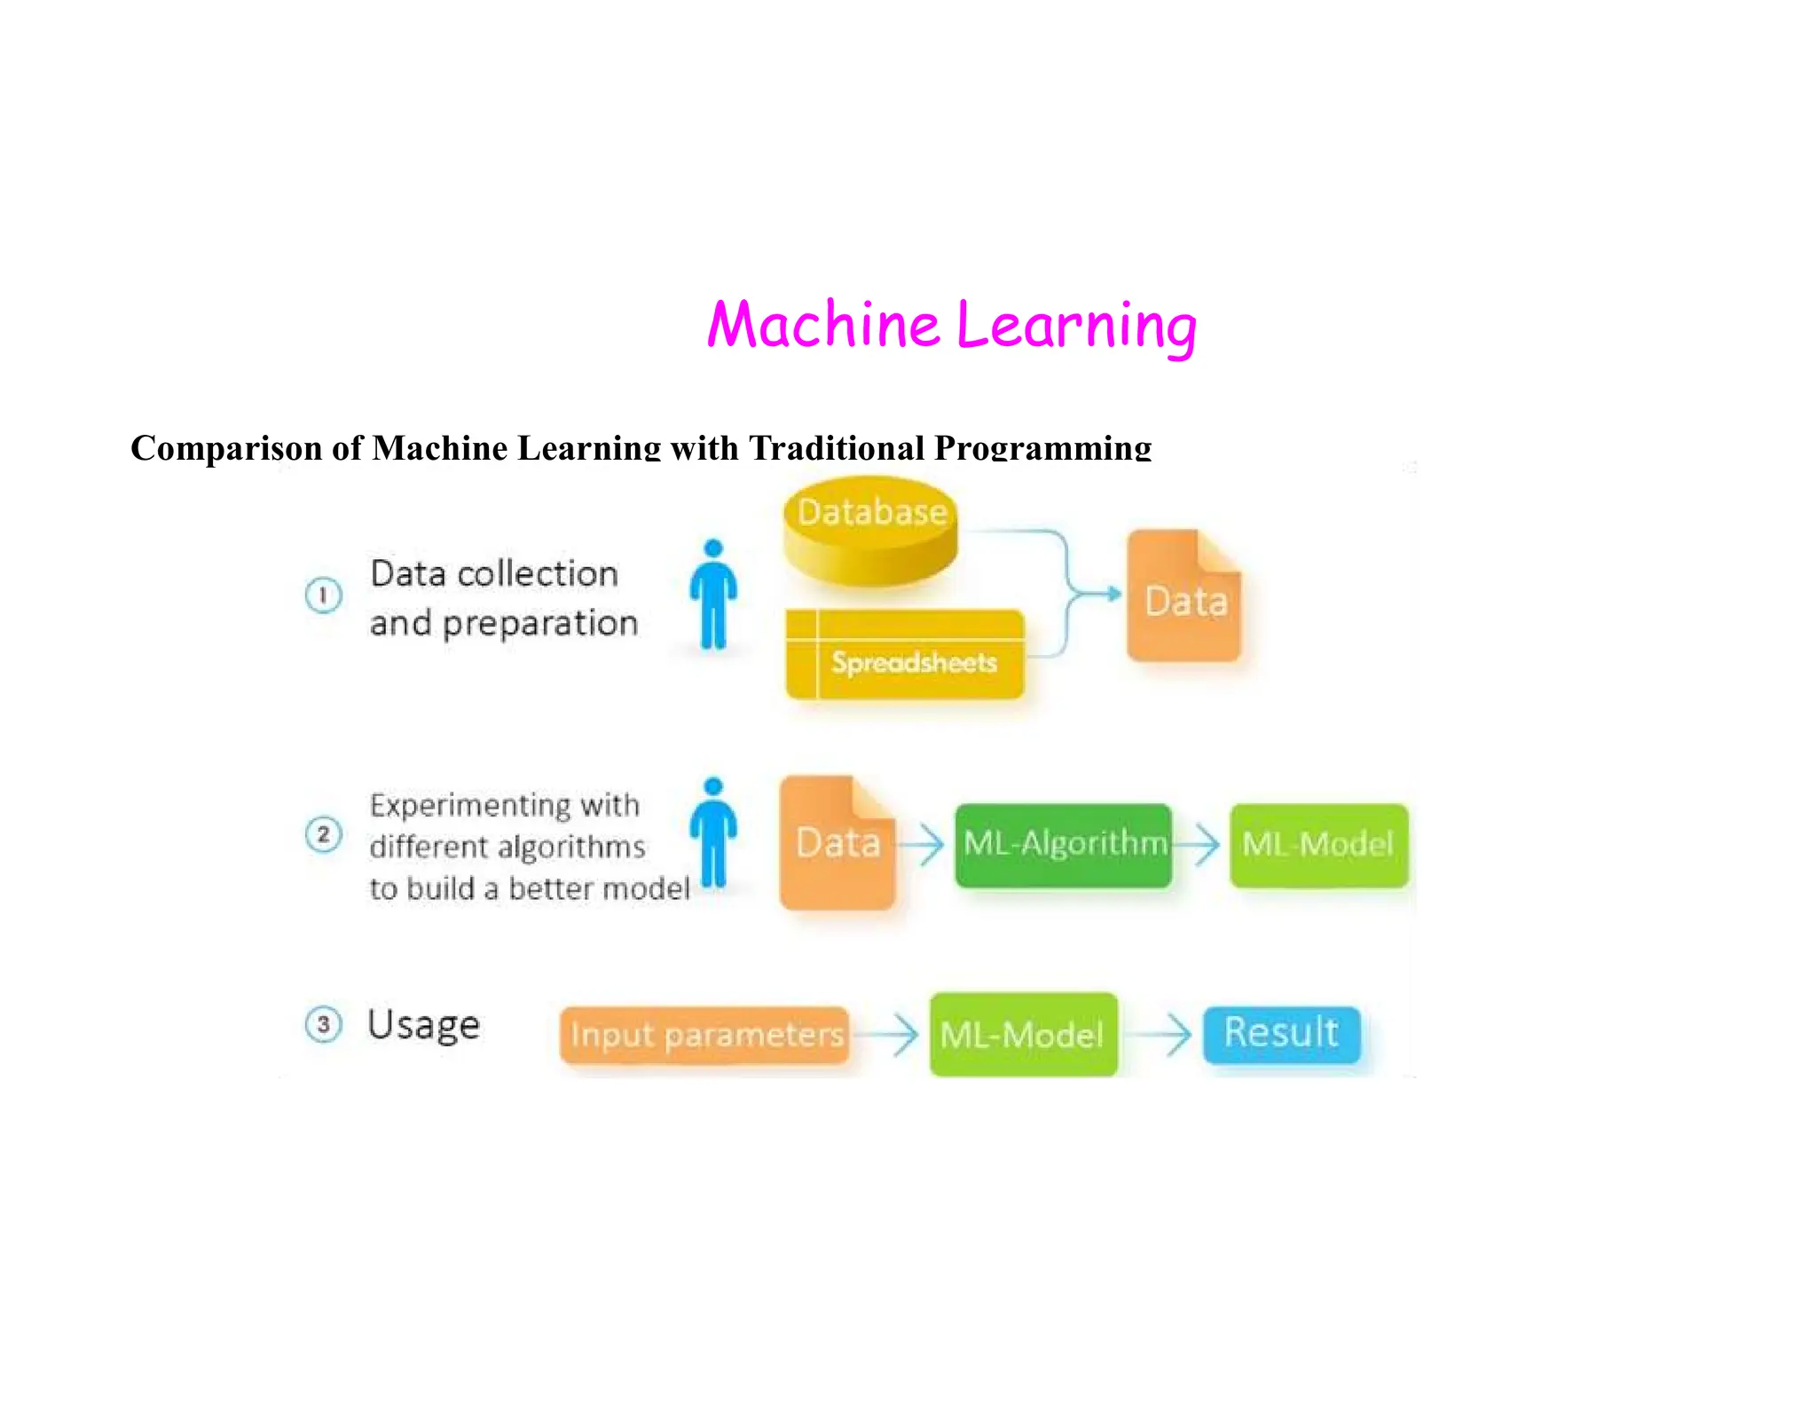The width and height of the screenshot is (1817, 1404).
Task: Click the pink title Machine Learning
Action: (951, 325)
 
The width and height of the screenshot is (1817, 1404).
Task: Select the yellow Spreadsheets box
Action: (905, 655)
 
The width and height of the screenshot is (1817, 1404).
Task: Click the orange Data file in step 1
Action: (1184, 596)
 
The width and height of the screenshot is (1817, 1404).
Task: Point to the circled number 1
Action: (323, 595)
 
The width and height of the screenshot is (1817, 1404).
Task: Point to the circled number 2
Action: (323, 834)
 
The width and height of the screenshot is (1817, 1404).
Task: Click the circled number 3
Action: (323, 1024)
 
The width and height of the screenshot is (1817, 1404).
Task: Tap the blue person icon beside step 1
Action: (713, 595)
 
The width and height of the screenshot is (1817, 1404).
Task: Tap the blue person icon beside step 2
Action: (713, 832)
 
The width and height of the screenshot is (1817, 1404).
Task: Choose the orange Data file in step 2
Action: (837, 842)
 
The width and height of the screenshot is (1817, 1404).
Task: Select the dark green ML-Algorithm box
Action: (1063, 844)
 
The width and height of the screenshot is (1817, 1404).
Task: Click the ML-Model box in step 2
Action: (1318, 844)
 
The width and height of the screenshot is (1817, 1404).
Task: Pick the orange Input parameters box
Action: (704, 1034)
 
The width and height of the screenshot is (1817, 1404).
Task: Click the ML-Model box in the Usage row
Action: (1023, 1034)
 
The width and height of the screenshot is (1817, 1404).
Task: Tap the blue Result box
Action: (1281, 1033)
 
